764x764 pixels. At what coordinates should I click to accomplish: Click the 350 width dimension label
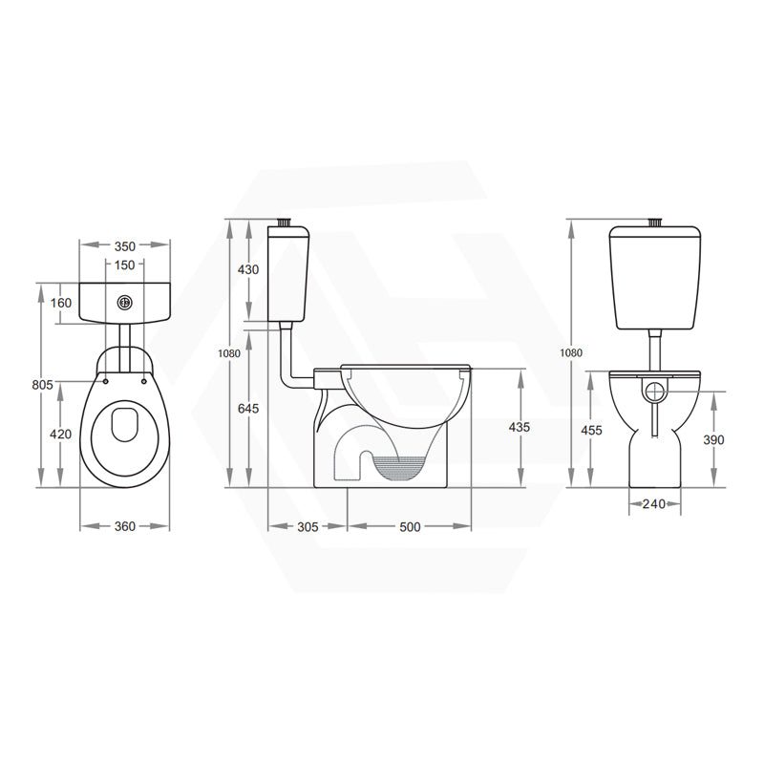pos(124,246)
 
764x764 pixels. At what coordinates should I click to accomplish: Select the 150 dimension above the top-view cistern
pos(124,265)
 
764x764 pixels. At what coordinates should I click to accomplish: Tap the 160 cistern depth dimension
pos(61,304)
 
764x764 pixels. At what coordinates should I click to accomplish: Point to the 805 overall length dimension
pos(42,385)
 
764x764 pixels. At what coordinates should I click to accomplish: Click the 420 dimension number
pos(61,435)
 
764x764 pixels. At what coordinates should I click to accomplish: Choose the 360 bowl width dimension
pos(124,526)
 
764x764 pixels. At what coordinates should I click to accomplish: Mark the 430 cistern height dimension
pos(247,270)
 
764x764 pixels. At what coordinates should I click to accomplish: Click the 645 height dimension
pos(247,409)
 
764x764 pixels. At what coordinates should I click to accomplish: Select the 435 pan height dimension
pos(520,427)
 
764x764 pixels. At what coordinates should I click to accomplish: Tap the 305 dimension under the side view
pos(308,526)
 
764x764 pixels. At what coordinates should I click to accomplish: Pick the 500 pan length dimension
pos(410,526)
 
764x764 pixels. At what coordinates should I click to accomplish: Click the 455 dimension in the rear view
pos(592,431)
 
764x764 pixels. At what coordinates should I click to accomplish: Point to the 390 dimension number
pos(713,440)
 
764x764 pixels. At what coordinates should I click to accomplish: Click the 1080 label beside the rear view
pos(571,352)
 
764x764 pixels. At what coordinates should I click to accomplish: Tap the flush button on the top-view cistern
pos(124,303)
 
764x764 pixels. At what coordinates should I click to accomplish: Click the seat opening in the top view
pos(125,426)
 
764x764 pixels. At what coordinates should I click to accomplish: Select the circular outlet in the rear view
pos(655,391)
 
